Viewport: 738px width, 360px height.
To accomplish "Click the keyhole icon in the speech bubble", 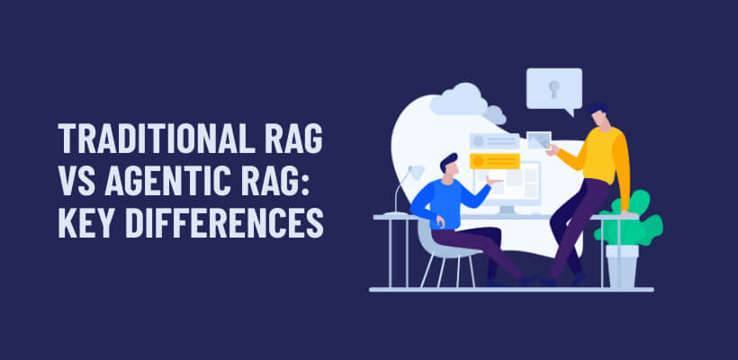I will pyautogui.click(x=553, y=87).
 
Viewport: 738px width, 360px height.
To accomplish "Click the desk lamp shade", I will pyautogui.click(x=415, y=172).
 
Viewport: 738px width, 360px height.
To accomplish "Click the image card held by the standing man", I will pyautogui.click(x=539, y=140).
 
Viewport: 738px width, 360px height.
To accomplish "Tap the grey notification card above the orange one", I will pyautogui.click(x=494, y=141).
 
